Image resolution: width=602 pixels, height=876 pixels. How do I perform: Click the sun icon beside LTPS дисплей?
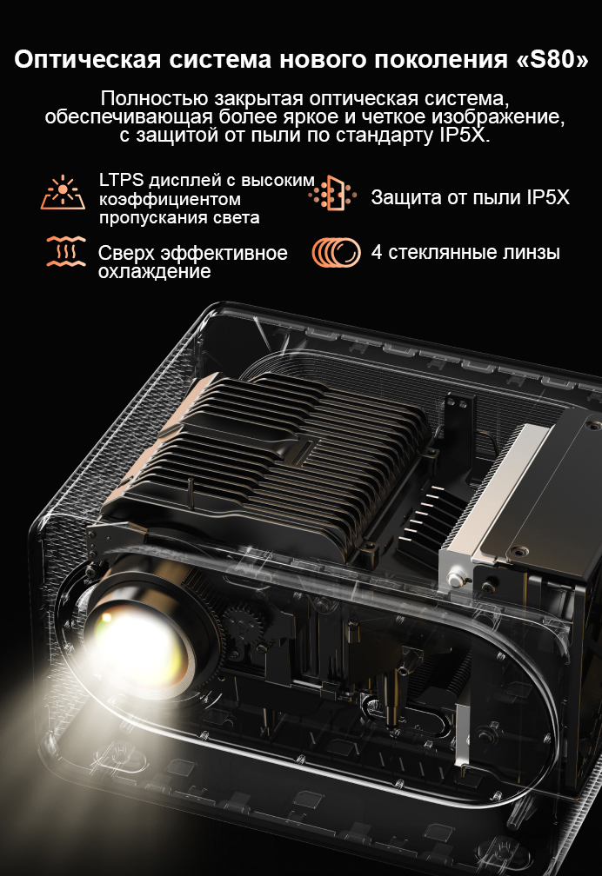click(x=63, y=192)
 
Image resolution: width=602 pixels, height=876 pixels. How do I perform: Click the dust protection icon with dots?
click(x=333, y=193)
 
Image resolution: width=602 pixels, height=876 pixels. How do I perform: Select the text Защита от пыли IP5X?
click(x=470, y=197)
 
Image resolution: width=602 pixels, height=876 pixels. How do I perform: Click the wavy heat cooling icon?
click(x=66, y=251)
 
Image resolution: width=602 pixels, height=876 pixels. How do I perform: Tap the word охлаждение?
click(x=155, y=271)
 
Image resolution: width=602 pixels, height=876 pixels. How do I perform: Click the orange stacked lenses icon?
click(x=336, y=253)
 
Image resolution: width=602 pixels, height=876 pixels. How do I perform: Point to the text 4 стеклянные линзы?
click(x=465, y=252)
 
